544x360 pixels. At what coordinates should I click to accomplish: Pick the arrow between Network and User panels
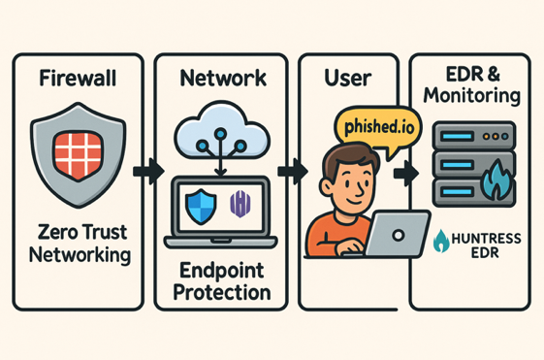[288, 172]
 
